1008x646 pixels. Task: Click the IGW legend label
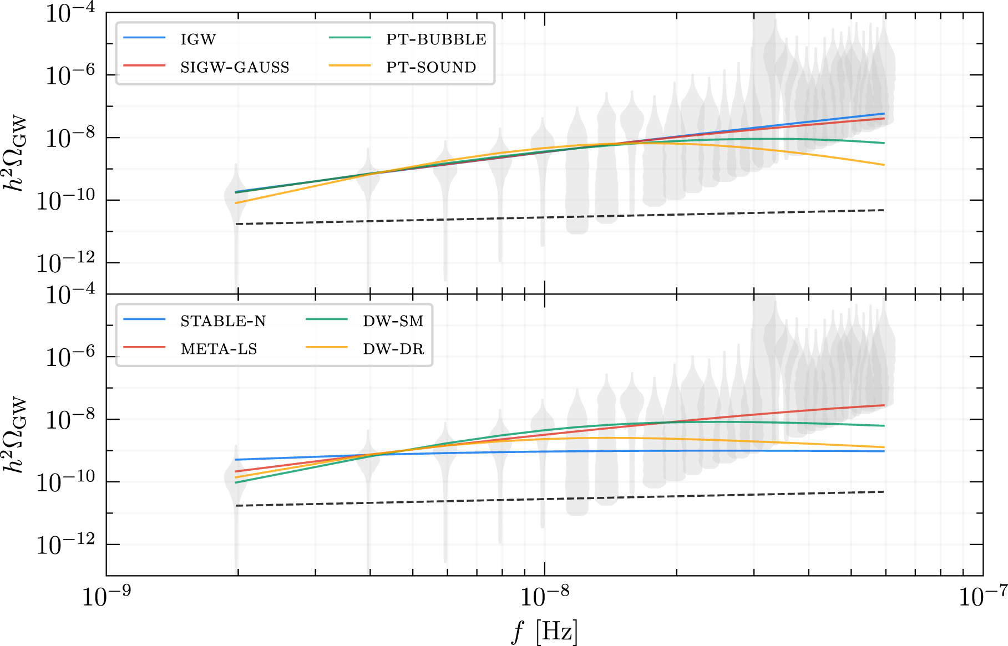[198, 39]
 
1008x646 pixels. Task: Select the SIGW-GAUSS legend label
[235, 67]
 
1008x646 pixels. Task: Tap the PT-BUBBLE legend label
[436, 39]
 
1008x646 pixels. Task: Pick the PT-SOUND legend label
[431, 67]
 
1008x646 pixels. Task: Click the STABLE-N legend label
[223, 321]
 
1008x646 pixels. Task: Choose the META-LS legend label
[219, 349]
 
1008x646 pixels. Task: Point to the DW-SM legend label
[393, 321]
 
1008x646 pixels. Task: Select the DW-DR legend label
[393, 349]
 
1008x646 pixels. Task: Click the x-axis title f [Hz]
[544, 631]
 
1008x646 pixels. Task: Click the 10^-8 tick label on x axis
[544, 597]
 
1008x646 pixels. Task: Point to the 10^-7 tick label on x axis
[982, 597]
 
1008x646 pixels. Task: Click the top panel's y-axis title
[16, 153]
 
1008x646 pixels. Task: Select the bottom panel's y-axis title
[16, 435]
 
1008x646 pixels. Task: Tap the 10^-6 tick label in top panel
[70, 75]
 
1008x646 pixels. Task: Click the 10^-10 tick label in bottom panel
[65, 482]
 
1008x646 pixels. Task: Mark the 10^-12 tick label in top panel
[65, 263]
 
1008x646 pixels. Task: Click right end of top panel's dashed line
[884, 210]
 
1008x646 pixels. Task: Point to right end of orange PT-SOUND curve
[884, 165]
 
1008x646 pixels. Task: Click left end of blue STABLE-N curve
[236, 460]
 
